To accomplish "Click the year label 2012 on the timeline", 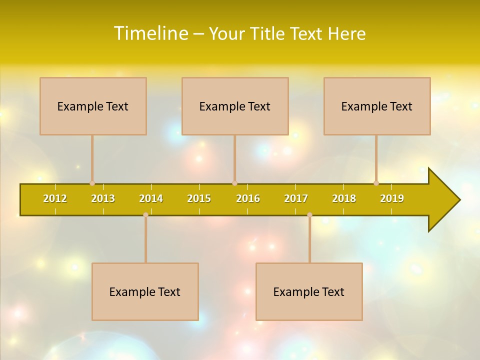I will (55, 198).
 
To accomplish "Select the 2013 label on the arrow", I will (103, 198).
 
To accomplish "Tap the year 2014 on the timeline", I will (151, 198).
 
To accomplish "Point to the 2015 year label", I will (199, 198).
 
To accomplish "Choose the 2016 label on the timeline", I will (248, 198).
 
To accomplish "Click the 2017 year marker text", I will (296, 198).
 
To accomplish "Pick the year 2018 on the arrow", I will (344, 198).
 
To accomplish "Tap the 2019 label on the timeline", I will (392, 198).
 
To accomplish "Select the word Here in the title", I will (346, 33).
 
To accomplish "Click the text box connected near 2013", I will (93, 106).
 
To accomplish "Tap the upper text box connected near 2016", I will (235, 106).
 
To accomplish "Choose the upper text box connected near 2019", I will (377, 106).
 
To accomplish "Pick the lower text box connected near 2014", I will (145, 291).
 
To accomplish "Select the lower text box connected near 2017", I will (309, 291).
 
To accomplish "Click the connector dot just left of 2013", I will (92, 183).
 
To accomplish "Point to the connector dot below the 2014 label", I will (145, 215).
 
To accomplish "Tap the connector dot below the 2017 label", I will (309, 215).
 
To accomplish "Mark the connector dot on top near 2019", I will (376, 183).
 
